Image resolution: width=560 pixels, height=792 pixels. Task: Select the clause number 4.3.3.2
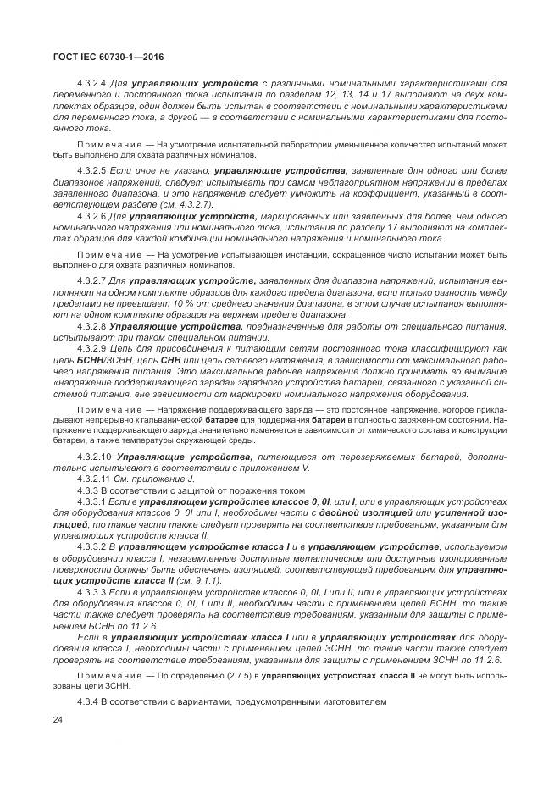[x=93, y=547]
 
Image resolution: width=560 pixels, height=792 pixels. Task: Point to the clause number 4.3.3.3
[x=93, y=591]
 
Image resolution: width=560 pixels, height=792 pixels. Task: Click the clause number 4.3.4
[x=87, y=702]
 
